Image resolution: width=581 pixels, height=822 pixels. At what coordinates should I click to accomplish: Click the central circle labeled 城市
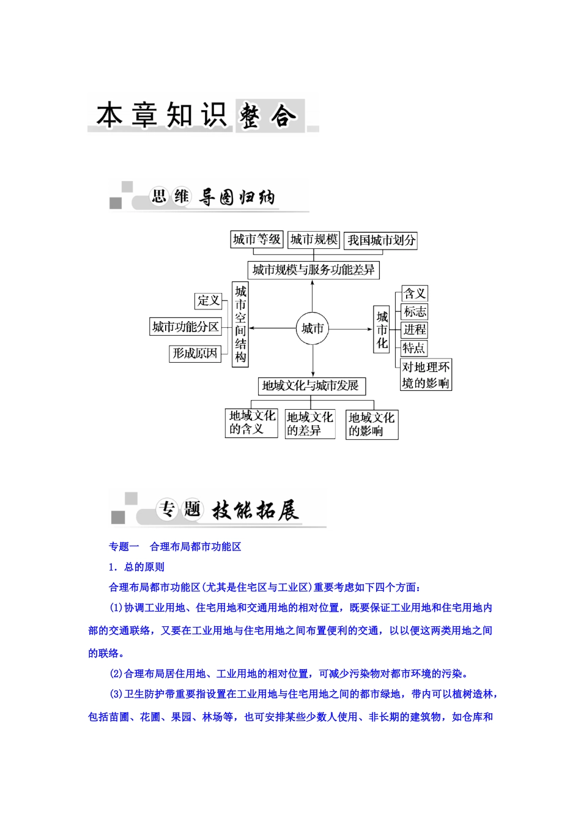click(x=313, y=329)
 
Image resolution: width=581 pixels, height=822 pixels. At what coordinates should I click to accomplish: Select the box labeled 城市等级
click(x=257, y=240)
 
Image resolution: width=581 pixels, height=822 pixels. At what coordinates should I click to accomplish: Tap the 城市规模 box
click(x=314, y=240)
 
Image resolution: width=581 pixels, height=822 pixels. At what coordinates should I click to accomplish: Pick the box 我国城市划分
click(x=381, y=240)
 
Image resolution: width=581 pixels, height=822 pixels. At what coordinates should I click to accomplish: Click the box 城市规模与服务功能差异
click(x=313, y=270)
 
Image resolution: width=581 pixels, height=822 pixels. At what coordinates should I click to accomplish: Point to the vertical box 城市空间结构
click(x=240, y=324)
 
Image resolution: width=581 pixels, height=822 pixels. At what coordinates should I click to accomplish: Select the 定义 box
click(x=209, y=300)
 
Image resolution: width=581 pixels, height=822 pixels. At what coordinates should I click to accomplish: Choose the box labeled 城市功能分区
click(x=186, y=327)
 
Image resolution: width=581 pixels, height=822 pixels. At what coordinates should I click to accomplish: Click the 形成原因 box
click(x=195, y=353)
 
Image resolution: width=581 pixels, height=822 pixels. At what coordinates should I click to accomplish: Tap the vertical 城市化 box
click(x=382, y=330)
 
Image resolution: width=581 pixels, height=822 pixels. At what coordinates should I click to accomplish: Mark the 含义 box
click(x=415, y=294)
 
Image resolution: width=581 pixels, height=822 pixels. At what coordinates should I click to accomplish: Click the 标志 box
click(x=415, y=312)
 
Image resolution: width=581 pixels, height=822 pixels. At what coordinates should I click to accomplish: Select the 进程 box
click(x=415, y=330)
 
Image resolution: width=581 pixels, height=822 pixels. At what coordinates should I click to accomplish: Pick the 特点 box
click(x=414, y=349)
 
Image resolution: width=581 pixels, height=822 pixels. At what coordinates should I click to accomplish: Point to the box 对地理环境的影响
click(x=426, y=375)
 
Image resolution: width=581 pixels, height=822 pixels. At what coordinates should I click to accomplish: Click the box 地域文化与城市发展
click(x=312, y=386)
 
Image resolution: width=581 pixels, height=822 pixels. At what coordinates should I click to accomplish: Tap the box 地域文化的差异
click(x=310, y=424)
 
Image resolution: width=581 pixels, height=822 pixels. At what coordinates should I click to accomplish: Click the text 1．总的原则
click(x=136, y=567)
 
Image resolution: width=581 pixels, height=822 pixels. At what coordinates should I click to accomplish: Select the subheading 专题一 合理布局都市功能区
click(x=175, y=547)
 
